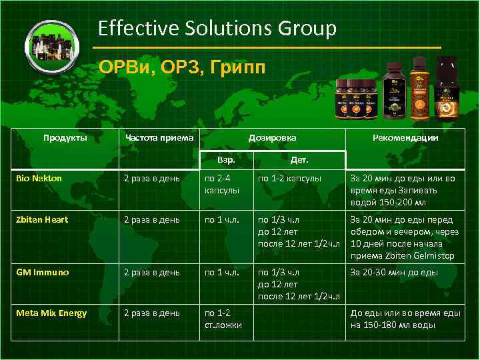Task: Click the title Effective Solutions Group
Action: [x=217, y=29]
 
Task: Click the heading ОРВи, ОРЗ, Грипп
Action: [x=181, y=68]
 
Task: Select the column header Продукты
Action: [x=65, y=138]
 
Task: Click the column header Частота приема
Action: [x=159, y=138]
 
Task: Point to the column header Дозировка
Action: [x=272, y=138]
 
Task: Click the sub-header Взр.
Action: [x=227, y=161]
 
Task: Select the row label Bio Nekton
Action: [x=39, y=178]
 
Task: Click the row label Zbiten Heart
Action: [x=42, y=219]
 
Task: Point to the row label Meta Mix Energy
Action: [x=51, y=313]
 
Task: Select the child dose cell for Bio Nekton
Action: [x=289, y=178]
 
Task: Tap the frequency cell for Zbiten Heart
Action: [x=151, y=219]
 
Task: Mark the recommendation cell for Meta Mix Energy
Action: [x=405, y=319]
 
